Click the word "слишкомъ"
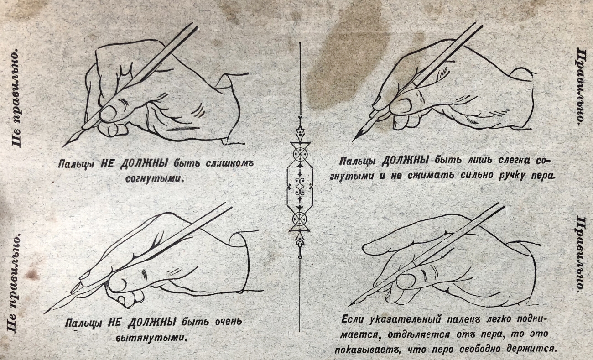pyautogui.click(x=229, y=163)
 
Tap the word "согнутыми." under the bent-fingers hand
pyautogui.click(x=155, y=179)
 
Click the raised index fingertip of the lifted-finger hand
pyautogui.click(x=365, y=248)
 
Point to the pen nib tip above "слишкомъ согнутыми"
pyautogui.click(x=63, y=146)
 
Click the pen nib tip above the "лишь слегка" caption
pyautogui.click(x=353, y=141)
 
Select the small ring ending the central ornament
pyautogui.click(x=300, y=257)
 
